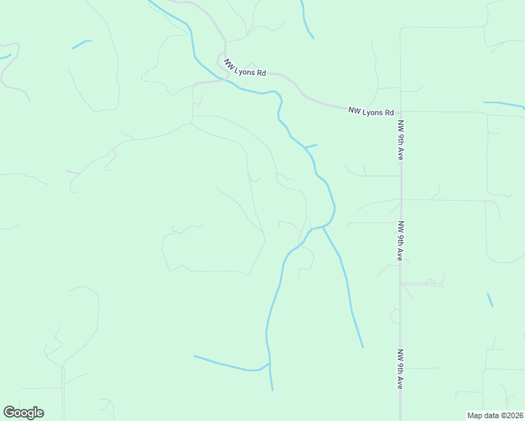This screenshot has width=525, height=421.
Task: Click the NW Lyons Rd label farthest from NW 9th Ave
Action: click(x=245, y=67)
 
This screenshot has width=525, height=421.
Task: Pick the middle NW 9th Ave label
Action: click(x=400, y=241)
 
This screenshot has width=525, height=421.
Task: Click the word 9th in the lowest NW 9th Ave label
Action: click(x=400, y=369)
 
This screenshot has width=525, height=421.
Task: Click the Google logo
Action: click(x=23, y=413)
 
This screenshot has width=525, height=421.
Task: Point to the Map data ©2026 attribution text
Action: click(x=496, y=415)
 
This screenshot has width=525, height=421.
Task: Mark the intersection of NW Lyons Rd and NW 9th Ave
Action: click(x=401, y=112)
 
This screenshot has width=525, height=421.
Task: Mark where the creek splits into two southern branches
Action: click(x=322, y=227)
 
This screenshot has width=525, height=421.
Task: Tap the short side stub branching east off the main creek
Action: click(x=311, y=146)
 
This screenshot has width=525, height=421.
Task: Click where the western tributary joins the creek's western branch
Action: click(x=269, y=363)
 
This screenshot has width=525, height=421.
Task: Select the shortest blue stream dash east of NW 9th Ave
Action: click(x=490, y=300)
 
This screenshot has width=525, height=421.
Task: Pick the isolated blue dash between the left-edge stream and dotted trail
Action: click(x=81, y=44)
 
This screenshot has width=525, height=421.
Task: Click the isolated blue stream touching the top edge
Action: click(x=306, y=21)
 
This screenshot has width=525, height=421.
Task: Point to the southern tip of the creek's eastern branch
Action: click(x=363, y=347)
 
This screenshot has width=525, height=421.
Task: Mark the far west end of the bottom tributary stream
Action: click(x=194, y=356)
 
